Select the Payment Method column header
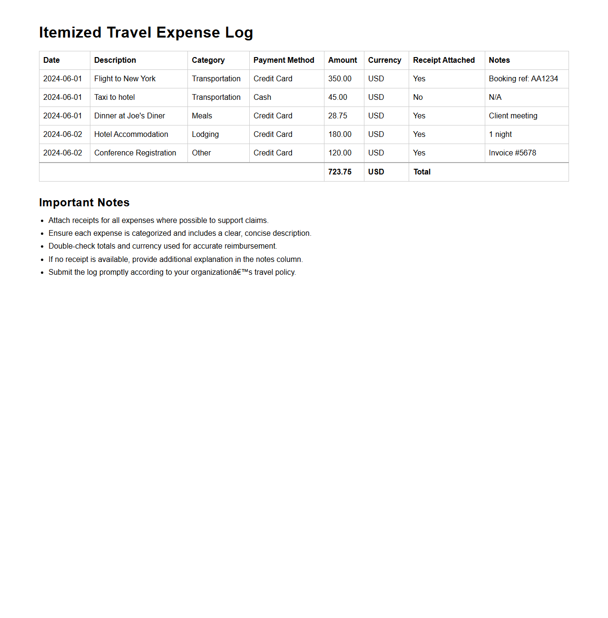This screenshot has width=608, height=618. point(284,60)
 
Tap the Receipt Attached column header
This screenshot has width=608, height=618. point(443,60)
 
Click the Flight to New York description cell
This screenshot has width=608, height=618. point(125,79)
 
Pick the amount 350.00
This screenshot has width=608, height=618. point(340,79)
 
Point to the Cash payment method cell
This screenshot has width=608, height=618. point(262,97)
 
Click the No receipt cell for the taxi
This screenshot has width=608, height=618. point(418,97)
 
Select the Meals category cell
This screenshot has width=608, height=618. point(202,116)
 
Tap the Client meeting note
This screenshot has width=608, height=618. point(513,116)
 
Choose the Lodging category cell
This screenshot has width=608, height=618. point(205,135)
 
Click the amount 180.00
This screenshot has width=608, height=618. point(340,135)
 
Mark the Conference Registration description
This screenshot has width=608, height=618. point(135,153)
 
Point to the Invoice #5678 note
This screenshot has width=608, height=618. point(512,153)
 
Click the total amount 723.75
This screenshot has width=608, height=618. point(340,172)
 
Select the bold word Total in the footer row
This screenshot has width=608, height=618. point(422,172)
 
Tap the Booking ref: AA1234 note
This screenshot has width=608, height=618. point(523,79)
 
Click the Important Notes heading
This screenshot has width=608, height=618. point(84,203)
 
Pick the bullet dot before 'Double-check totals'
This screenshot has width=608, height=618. point(42,247)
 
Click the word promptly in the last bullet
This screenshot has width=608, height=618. point(114,272)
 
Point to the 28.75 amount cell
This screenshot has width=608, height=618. point(338,116)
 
